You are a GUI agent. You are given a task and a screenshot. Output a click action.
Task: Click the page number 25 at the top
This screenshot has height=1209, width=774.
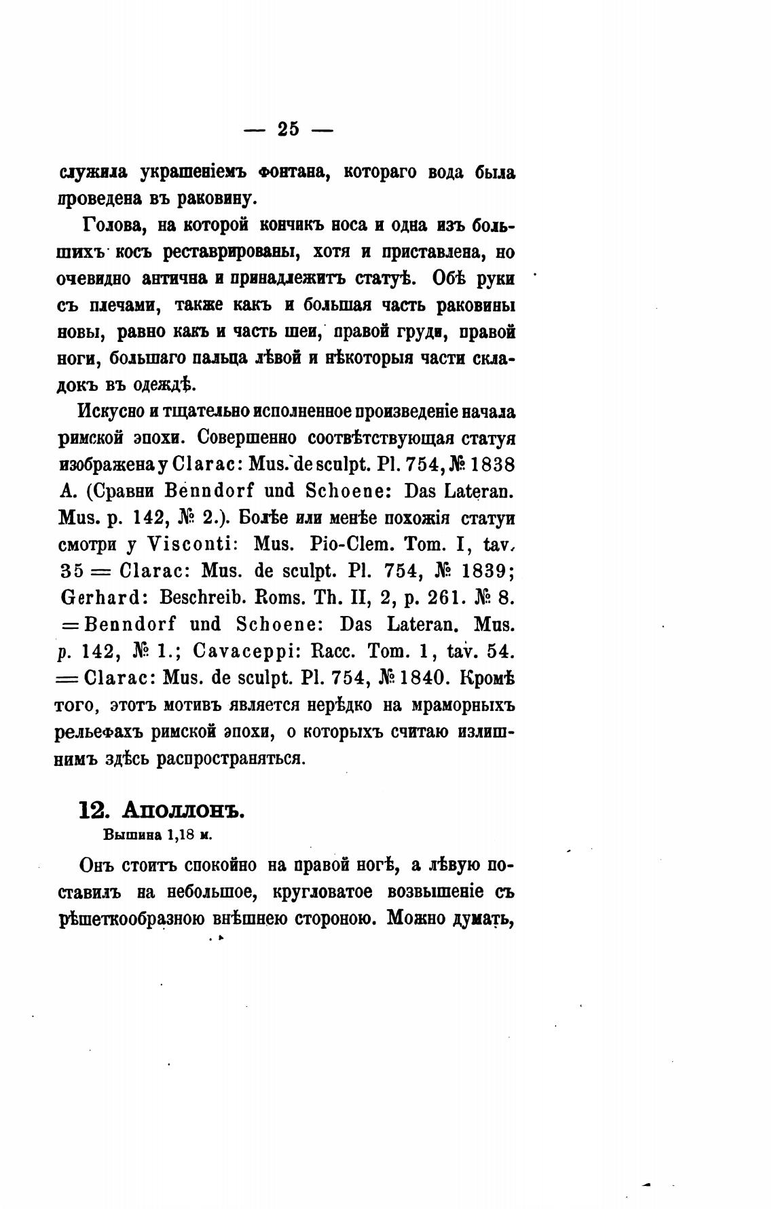[289, 128]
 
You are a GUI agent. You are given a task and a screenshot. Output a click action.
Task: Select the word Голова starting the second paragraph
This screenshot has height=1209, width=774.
[111, 225]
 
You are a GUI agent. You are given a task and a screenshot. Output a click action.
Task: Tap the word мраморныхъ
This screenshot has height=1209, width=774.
[463, 705]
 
